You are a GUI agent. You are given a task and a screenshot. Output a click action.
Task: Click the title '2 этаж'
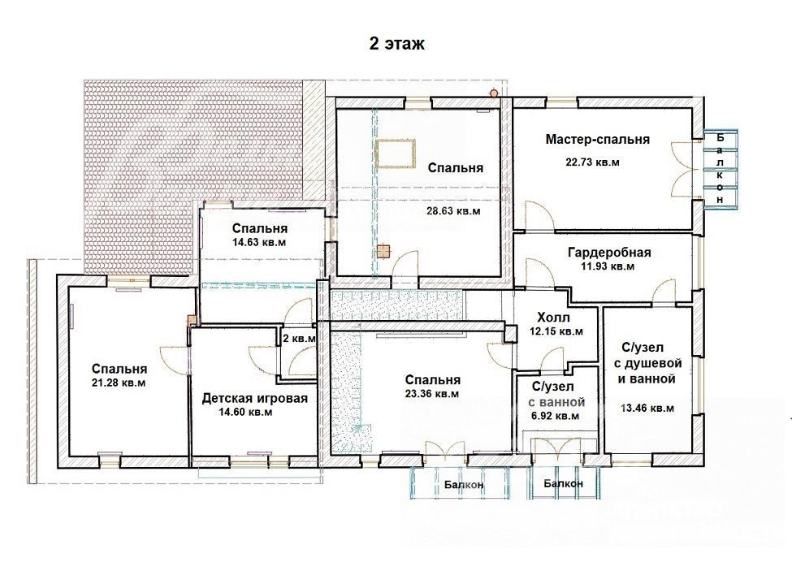pos(397,44)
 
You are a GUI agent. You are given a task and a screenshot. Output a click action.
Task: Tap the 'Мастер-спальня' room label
pos(598,140)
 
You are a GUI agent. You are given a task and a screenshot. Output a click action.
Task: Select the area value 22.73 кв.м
pos(592,162)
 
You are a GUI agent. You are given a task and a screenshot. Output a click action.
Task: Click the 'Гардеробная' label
pos(610,252)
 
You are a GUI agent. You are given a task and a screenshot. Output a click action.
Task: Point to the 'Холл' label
pos(554,318)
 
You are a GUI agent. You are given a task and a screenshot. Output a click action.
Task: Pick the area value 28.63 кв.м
pos(453,211)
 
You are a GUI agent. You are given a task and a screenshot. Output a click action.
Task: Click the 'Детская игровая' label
pos(254,398)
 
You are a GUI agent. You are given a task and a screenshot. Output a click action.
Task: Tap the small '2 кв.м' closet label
pos(299,338)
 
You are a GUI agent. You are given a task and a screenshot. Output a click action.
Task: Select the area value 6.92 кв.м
pos(555,416)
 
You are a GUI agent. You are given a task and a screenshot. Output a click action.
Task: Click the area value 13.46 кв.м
pos(647,408)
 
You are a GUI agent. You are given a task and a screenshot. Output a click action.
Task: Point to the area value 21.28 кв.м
pos(119,383)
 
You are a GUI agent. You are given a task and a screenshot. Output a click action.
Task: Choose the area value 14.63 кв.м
pos(259,242)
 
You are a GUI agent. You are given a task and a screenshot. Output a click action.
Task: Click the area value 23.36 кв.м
pos(432,394)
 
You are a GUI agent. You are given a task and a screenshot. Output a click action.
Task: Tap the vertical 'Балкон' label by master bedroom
pos(721,169)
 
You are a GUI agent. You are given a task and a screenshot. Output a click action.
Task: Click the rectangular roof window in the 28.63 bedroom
pos(396,154)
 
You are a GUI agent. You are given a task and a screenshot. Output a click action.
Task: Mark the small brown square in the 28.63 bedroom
pos(383,251)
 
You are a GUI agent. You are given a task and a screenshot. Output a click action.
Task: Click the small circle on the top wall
pos(494,93)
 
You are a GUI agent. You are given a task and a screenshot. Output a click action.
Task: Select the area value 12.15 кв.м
pos(556,331)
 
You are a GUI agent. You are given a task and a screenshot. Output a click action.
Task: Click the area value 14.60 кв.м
pos(245,412)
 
